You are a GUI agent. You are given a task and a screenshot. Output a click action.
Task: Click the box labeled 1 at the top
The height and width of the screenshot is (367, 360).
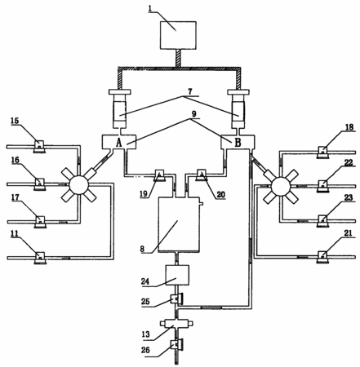click(178, 35)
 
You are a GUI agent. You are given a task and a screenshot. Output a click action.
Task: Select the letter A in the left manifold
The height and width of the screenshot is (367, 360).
click(119, 143)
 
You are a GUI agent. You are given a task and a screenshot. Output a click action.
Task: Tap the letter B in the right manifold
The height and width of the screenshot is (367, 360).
click(238, 143)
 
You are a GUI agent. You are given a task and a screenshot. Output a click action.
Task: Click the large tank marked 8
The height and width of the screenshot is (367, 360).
click(179, 224)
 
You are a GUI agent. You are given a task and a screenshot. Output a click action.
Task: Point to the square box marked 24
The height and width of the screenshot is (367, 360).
click(177, 275)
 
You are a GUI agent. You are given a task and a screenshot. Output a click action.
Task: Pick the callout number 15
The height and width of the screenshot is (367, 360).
click(15, 121)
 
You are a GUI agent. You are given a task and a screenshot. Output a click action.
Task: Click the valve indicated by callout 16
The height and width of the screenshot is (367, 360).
click(40, 183)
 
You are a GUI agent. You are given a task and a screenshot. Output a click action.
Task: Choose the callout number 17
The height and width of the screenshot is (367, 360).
click(16, 197)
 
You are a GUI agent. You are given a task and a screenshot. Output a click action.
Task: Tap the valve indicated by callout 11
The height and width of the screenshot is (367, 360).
click(40, 258)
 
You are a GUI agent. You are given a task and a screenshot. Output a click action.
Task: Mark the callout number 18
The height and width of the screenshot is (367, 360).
click(349, 127)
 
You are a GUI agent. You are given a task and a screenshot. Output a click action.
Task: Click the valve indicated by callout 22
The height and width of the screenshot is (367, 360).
click(322, 186)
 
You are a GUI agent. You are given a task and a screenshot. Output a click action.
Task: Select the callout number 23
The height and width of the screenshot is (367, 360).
click(349, 197)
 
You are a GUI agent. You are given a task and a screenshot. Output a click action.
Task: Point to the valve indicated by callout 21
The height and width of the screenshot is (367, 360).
click(322, 256)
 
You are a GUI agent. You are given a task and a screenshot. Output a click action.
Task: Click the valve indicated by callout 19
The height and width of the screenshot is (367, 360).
click(159, 175)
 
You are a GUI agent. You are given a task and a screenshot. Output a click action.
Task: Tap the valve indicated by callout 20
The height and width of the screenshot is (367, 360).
click(202, 175)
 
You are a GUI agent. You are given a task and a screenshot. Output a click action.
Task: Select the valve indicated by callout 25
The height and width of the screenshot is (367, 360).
click(176, 299)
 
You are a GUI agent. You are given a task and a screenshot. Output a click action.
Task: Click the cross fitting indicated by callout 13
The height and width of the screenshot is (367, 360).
click(177, 324)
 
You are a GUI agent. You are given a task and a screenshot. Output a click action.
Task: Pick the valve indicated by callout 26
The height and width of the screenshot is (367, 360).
click(176, 345)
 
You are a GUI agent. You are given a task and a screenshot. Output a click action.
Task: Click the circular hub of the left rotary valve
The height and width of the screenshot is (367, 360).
click(79, 185)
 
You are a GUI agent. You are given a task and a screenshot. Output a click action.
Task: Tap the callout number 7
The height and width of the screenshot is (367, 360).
click(190, 92)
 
